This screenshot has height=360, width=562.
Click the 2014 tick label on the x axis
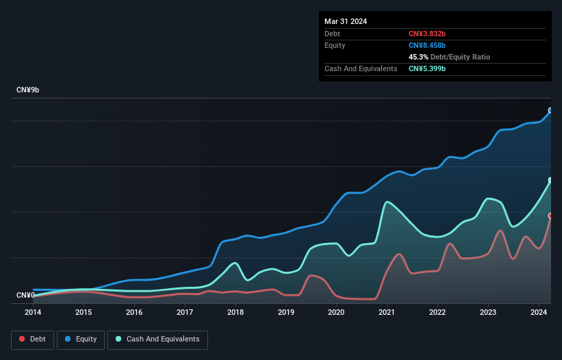click(x=33, y=312)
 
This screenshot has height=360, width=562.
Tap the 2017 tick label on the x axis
click(x=184, y=312)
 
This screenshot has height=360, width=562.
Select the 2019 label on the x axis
click(x=285, y=312)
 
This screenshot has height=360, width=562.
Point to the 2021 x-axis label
click(x=387, y=312)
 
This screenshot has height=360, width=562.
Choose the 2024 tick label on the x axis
click(x=539, y=312)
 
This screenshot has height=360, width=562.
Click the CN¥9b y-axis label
click(x=28, y=90)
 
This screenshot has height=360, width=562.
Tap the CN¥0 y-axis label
click(x=26, y=296)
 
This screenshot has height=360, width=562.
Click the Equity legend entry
click(x=81, y=339)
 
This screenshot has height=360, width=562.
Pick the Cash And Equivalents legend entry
click(x=157, y=339)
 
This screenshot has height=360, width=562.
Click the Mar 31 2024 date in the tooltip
click(x=346, y=21)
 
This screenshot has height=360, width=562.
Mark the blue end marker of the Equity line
click(x=550, y=110)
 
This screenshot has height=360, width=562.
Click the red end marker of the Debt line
click(x=550, y=216)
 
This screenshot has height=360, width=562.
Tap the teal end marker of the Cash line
click(x=550, y=180)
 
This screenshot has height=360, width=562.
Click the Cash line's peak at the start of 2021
click(x=387, y=201)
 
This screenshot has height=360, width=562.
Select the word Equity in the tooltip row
click(x=335, y=45)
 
